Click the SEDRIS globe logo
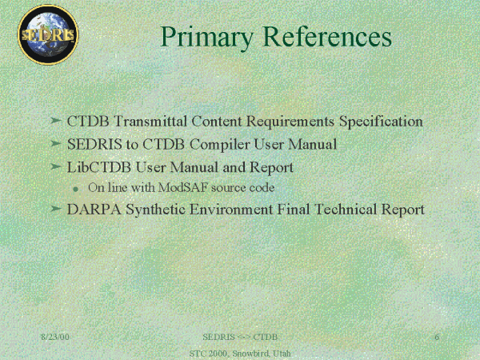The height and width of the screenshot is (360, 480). click(x=48, y=34)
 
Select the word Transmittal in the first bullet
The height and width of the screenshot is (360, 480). click(x=150, y=121)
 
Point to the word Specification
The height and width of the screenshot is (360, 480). click(x=381, y=122)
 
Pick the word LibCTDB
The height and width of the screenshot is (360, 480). click(x=99, y=167)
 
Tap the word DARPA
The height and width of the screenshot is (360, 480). click(x=94, y=210)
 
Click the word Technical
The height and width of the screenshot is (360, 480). click(x=346, y=210)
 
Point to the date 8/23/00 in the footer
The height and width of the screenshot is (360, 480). click(x=55, y=337)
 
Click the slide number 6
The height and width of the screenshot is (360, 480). click(x=437, y=337)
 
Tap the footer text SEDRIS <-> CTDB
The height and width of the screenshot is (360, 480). click(x=240, y=337)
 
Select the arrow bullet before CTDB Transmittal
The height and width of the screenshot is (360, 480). click(x=56, y=120)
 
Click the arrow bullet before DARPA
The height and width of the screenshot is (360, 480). click(x=56, y=209)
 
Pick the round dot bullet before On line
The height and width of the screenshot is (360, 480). click(x=76, y=189)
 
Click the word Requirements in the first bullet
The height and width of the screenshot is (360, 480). click(x=290, y=122)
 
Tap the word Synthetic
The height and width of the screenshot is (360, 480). click(x=155, y=210)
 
